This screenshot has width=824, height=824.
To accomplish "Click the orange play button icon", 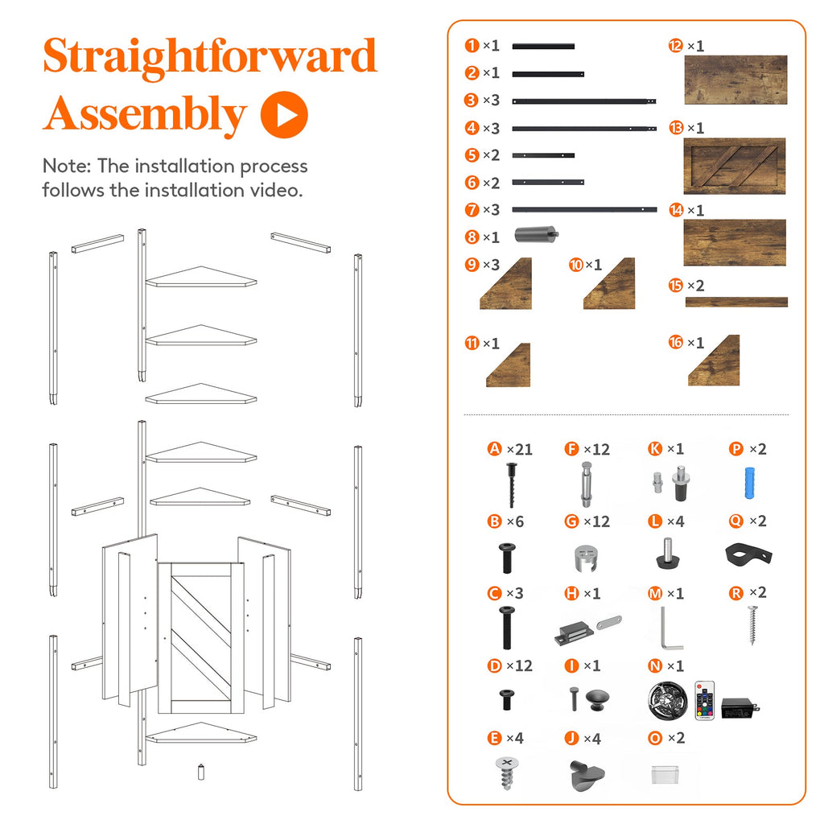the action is pyautogui.click(x=284, y=115).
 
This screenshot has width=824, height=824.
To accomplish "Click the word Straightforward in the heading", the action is pyautogui.click(x=210, y=57).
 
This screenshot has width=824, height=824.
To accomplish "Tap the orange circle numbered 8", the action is pyautogui.click(x=472, y=237).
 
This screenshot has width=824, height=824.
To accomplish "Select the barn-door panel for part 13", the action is pyautogui.click(x=734, y=166).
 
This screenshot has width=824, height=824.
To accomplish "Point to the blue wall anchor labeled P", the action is pyautogui.click(x=749, y=483).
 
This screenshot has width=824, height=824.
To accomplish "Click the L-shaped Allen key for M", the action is pyautogui.click(x=670, y=628).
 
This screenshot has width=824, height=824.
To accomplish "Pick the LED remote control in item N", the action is pyautogui.click(x=705, y=700).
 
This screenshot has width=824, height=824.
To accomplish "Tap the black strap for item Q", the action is pyautogui.click(x=748, y=555).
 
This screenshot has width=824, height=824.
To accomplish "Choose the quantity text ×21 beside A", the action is pyautogui.click(x=519, y=449).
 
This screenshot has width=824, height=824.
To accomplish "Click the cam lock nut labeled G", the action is pyautogui.click(x=587, y=558).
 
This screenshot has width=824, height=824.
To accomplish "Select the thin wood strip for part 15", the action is pyautogui.click(x=736, y=302).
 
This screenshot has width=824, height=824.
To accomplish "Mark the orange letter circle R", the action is pyautogui.click(x=736, y=593).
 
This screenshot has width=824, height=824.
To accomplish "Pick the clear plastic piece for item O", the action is pyautogui.click(x=665, y=774).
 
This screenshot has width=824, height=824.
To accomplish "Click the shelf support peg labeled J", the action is pyautogui.click(x=587, y=775).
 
